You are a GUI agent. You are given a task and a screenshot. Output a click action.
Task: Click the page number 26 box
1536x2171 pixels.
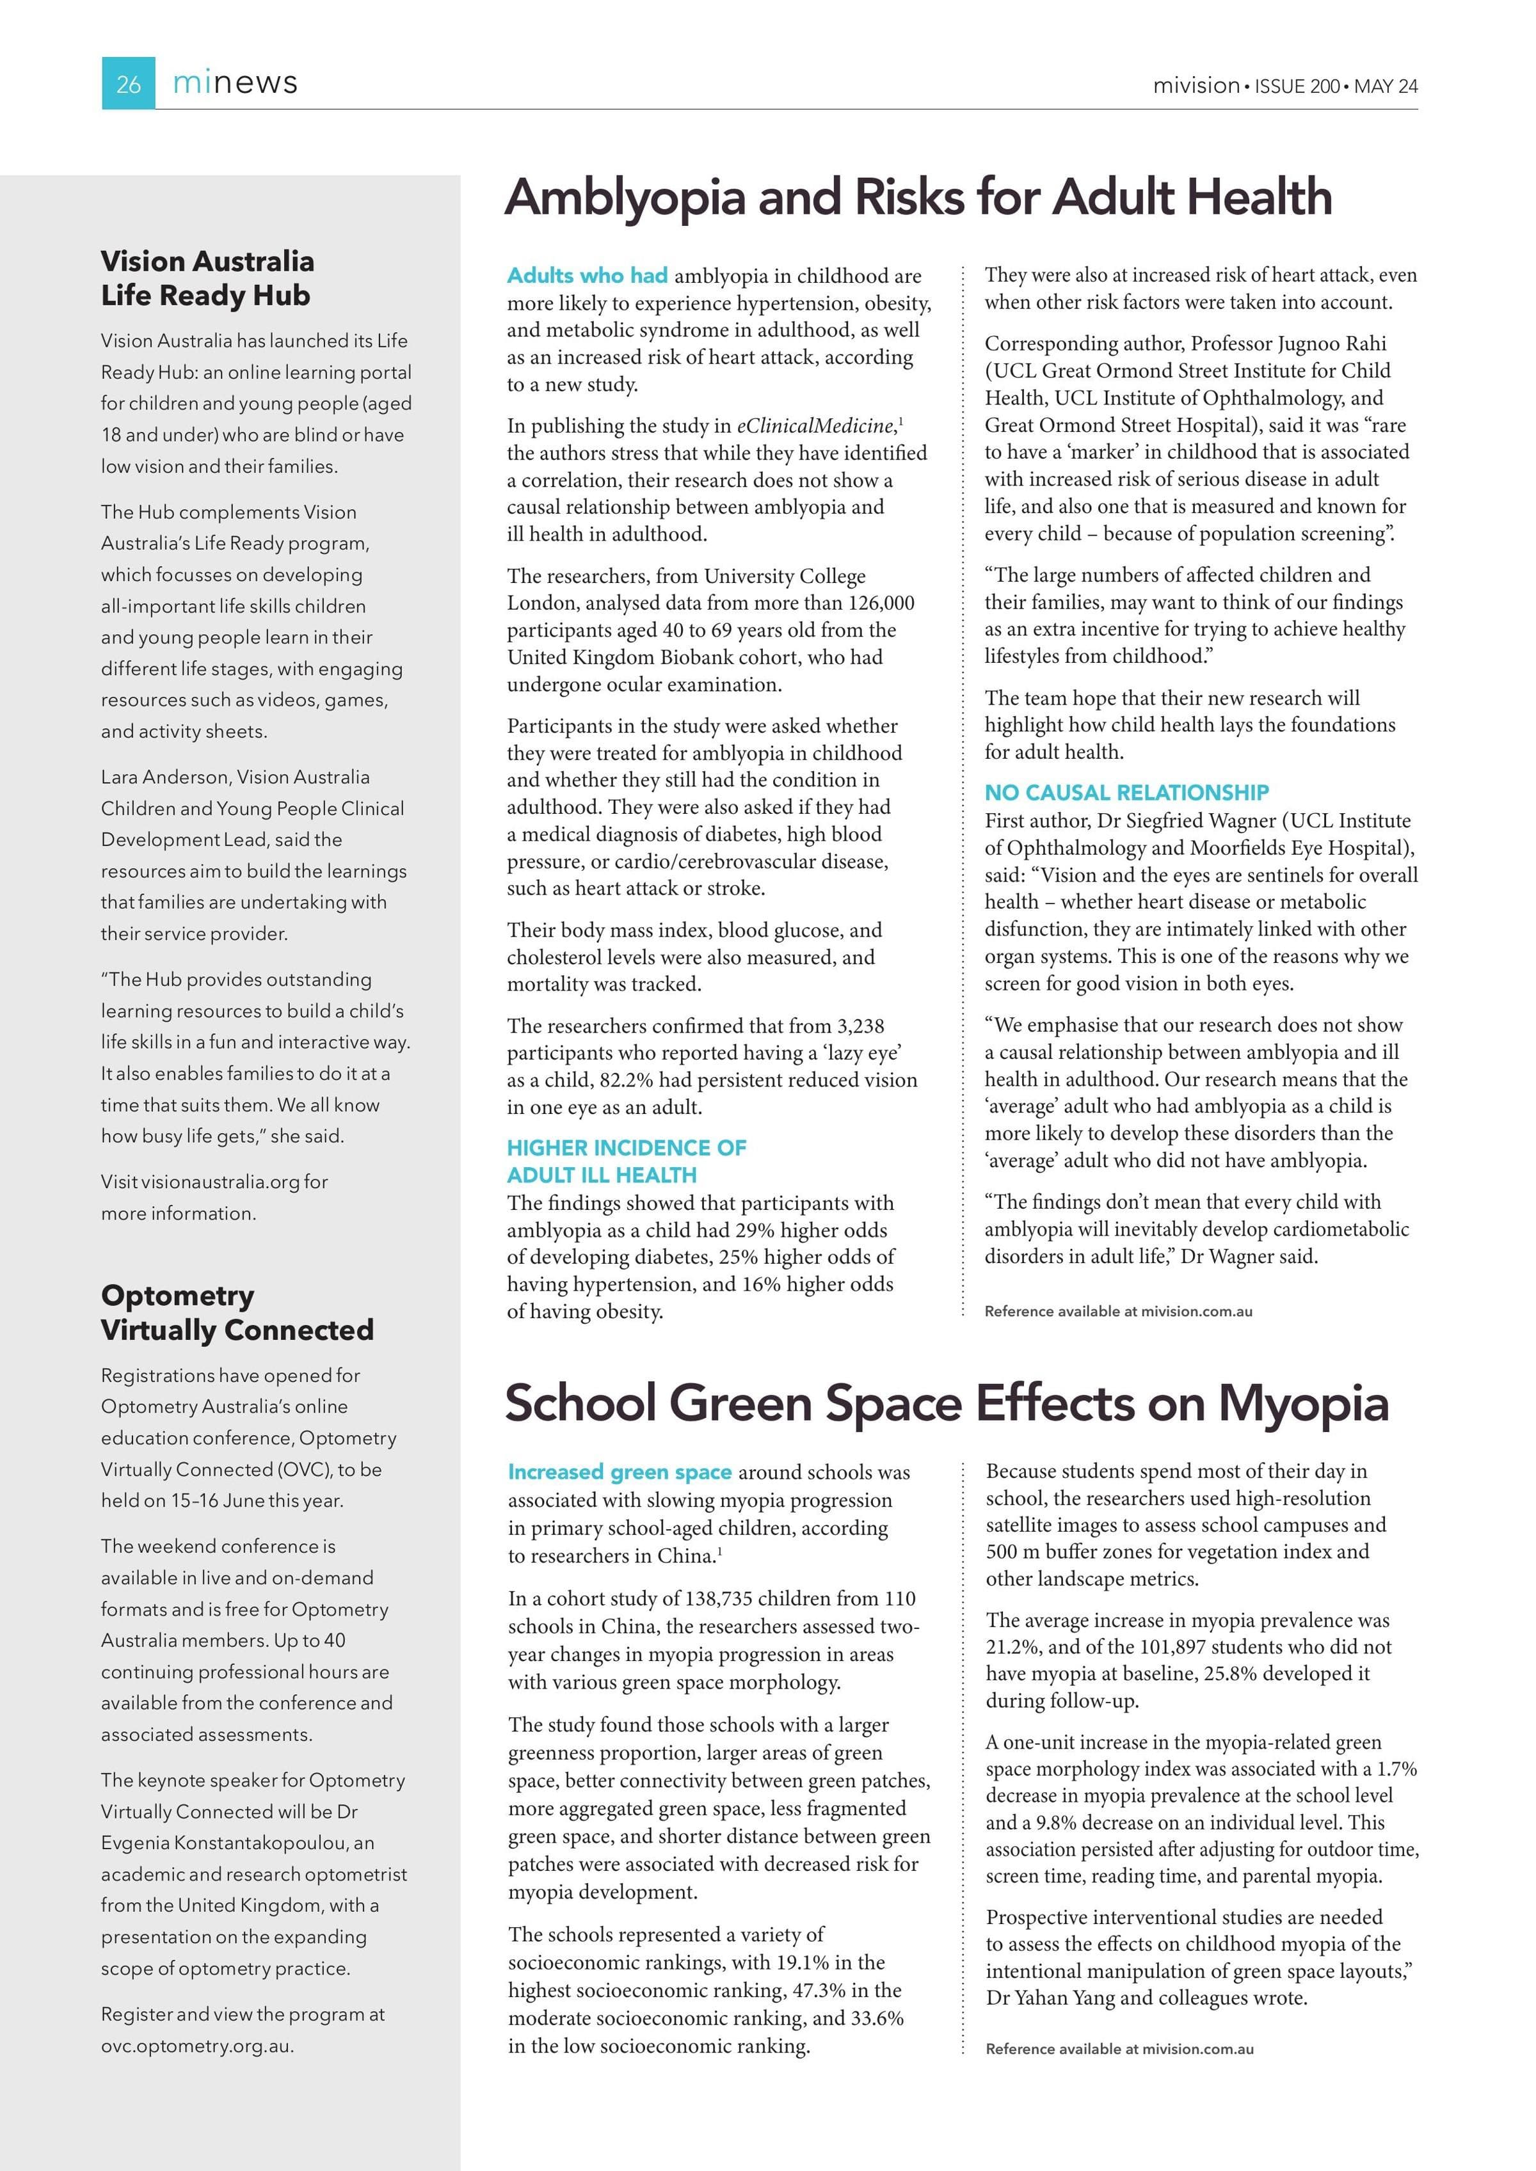point(128,84)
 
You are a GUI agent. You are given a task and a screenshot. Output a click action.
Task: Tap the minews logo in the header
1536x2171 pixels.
point(235,83)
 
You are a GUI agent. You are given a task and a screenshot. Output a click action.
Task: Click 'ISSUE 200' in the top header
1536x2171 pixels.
point(1297,86)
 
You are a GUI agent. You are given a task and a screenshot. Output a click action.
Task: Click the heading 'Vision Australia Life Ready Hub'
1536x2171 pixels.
point(207,278)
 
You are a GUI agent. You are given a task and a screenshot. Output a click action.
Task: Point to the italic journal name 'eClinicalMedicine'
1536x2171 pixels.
point(815,425)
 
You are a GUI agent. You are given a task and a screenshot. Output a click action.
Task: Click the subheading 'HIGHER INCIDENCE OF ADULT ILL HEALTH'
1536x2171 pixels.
point(626,1161)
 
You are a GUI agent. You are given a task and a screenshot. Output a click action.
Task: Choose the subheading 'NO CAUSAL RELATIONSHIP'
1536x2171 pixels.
point(1126,792)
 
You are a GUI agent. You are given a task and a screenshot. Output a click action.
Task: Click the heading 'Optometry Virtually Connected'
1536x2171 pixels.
point(236,1312)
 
